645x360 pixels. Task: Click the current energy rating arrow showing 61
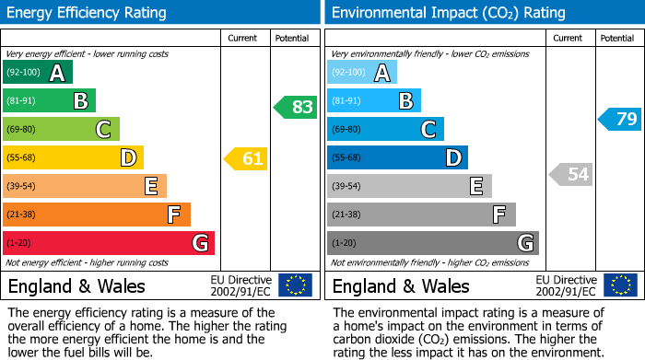point(246,158)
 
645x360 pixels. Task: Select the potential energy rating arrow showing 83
point(296,107)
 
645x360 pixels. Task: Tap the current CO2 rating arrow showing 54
point(570,174)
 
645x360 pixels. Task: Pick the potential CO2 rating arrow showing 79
point(620,119)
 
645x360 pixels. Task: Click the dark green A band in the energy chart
point(38,73)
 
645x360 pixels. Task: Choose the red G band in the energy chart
point(109,243)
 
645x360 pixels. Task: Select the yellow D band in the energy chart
point(73,157)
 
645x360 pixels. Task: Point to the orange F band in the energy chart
point(97,215)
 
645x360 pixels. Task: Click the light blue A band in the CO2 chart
point(362,73)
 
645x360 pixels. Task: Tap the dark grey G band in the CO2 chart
point(432,243)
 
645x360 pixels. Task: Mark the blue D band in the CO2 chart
point(397,157)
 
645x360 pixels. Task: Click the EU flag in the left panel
point(295,285)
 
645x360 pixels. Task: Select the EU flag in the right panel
point(620,285)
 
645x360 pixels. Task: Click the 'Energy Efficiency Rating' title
point(88,13)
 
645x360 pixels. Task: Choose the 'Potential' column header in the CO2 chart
point(616,38)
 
